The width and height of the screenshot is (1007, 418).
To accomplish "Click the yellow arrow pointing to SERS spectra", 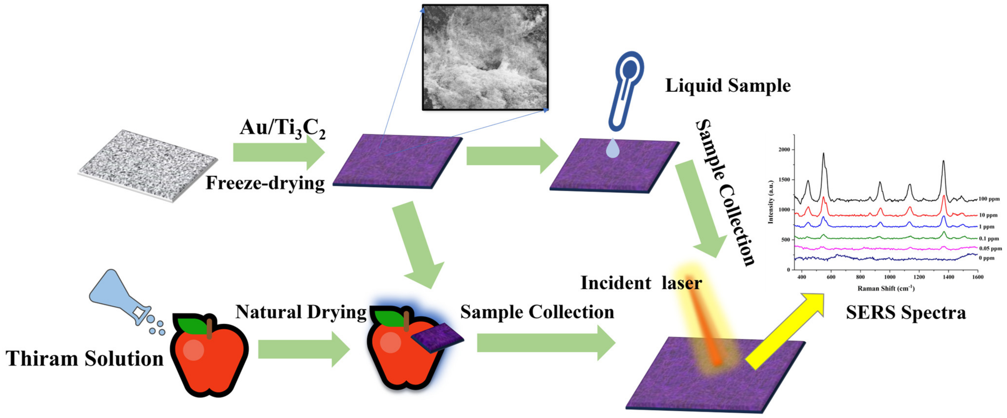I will [786, 331].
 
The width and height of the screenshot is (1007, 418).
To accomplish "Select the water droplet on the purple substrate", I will [613, 149].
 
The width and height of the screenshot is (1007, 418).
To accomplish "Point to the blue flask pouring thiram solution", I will [117, 296].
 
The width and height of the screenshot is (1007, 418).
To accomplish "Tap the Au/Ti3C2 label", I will [282, 128].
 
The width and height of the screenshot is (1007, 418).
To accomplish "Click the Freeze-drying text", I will [265, 183].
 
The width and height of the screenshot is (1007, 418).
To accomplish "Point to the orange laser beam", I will [704, 329].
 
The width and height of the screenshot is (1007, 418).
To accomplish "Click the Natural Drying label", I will [301, 312].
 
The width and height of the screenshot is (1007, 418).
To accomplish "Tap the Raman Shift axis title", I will [886, 288].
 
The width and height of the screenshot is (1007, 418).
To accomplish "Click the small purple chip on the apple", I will [437, 338].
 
